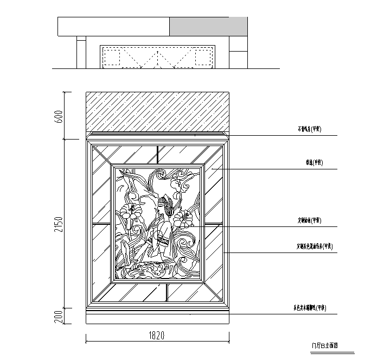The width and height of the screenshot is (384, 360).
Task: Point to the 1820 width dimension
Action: pos(156,335)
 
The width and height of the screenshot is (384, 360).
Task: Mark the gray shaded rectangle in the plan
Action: pos(208,26)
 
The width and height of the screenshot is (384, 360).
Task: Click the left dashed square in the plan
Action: pos(111,57)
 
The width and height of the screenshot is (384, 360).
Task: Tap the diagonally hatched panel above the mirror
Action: pos(156,112)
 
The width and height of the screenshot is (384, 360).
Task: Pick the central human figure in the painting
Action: pos(164,225)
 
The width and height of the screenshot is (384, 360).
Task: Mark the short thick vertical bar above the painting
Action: pos(156,155)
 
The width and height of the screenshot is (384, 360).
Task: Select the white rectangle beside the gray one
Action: pos(113,26)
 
